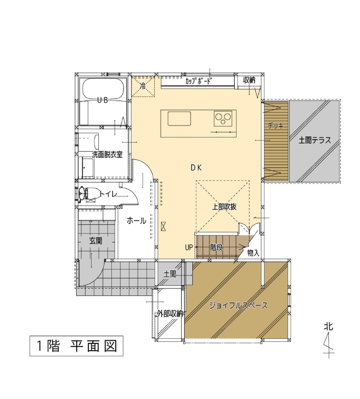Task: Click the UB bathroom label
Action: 102,100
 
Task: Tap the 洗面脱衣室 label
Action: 107,154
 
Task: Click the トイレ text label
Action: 108,193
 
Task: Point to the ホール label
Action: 136,221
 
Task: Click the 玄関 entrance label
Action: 96,241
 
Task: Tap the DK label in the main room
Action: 197,167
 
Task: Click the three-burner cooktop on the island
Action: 223,117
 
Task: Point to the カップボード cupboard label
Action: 198,81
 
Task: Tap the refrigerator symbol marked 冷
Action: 143,87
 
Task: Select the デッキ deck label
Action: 275,126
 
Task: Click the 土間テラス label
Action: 315,141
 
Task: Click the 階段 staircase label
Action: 217,247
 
